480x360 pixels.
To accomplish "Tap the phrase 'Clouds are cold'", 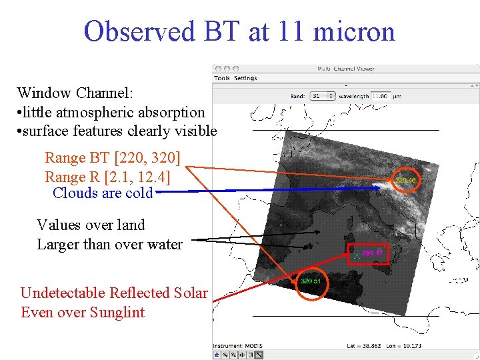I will point(103,193).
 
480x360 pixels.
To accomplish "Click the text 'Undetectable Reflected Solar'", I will point(114,293).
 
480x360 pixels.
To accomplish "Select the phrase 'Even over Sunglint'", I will point(83,312).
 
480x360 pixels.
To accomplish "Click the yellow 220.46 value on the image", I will point(406,180).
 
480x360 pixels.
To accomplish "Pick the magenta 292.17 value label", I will point(373,253).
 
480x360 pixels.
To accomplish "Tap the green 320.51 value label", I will point(311,281).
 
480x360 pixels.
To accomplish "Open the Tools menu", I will point(222,78).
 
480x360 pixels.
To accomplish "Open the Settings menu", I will point(245,78).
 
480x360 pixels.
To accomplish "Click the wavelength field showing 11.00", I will point(381,96).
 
